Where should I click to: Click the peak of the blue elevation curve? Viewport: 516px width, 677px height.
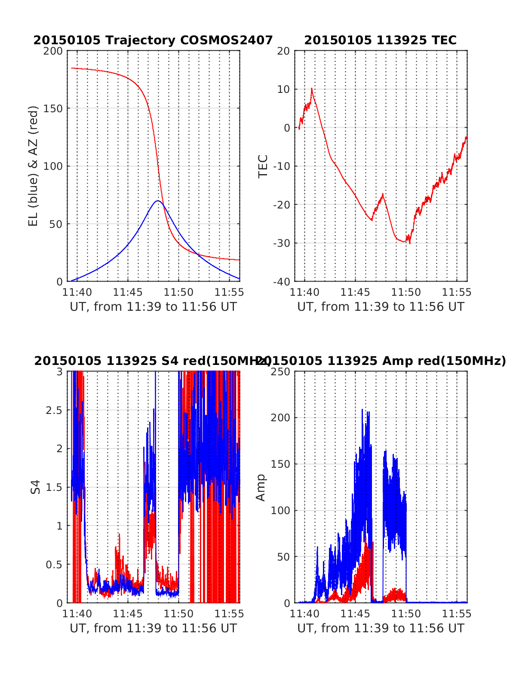(158, 201)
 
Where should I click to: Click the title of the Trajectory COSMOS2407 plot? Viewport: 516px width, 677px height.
(153, 40)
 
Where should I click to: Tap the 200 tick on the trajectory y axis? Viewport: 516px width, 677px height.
(54, 51)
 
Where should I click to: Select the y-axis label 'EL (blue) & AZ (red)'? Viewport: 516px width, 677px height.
(33, 166)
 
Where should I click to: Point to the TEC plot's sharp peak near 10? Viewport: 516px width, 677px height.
(312, 89)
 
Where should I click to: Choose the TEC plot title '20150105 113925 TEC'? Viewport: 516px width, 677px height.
(380, 40)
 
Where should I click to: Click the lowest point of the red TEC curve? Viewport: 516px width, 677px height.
(410, 243)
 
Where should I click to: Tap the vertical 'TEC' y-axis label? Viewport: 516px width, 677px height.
(263, 166)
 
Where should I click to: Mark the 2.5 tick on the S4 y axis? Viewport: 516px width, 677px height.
(54, 410)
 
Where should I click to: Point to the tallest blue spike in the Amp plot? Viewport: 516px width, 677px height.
(362, 410)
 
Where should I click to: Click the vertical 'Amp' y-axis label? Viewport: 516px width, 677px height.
(261, 487)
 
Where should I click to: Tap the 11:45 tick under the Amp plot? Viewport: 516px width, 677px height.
(355, 614)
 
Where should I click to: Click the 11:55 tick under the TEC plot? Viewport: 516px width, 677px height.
(457, 292)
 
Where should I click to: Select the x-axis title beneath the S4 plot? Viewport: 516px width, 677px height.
(153, 628)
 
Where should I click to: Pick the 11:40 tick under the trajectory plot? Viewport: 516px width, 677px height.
(77, 292)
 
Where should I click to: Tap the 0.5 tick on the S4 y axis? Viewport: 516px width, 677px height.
(54, 564)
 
